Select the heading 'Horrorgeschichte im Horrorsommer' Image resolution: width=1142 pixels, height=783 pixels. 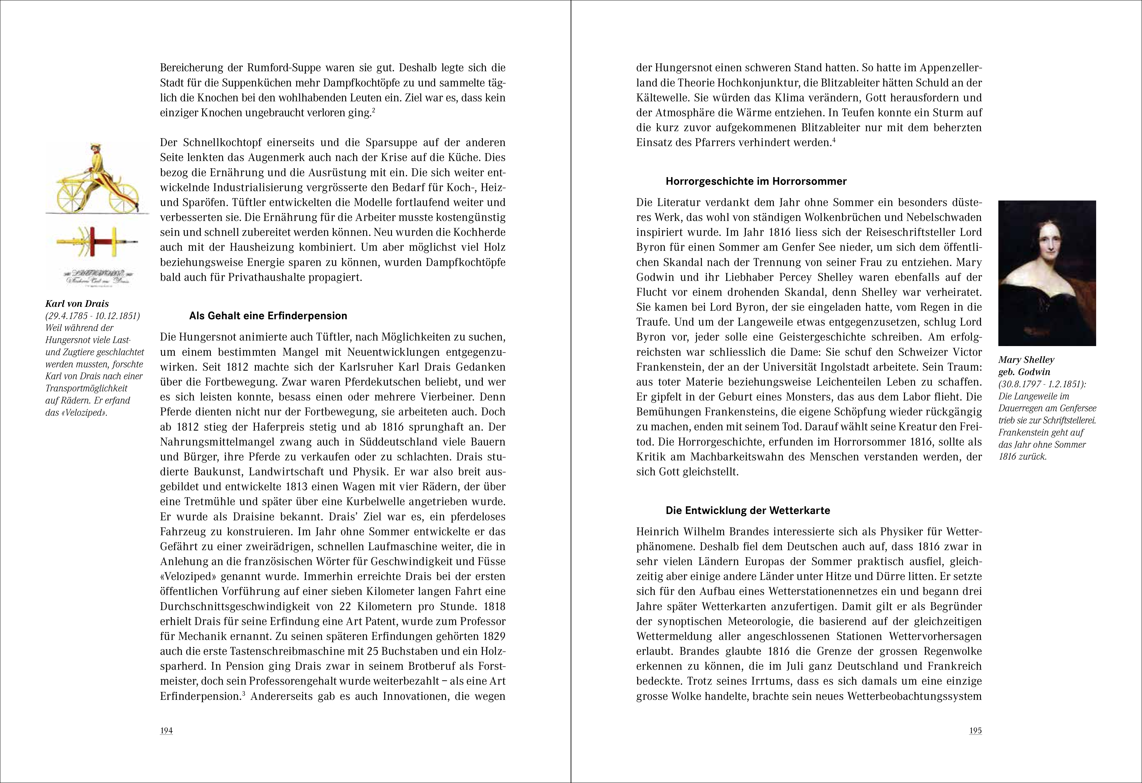click(756, 181)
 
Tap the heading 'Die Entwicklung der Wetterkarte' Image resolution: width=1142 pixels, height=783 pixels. click(748, 510)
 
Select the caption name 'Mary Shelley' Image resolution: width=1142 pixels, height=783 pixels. click(1026, 360)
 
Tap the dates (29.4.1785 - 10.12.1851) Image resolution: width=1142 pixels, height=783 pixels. click(92, 316)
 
